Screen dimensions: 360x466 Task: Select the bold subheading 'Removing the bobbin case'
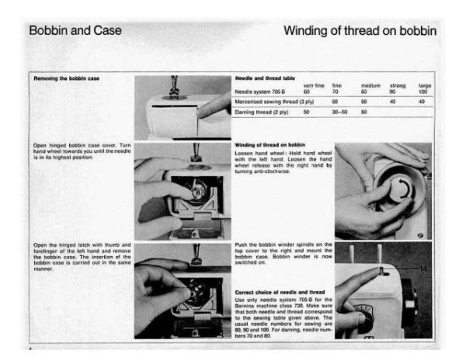click(x=66, y=78)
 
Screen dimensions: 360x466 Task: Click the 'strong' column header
click(x=398, y=85)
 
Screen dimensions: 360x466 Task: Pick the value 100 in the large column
click(x=423, y=92)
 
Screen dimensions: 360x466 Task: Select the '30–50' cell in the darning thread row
click(x=339, y=112)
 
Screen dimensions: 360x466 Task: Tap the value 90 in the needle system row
click(x=393, y=92)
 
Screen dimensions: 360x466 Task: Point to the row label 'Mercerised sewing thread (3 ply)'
click(x=269, y=102)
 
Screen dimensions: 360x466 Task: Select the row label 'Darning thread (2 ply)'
click(x=260, y=112)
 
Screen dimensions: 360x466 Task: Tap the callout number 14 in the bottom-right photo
click(x=423, y=266)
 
